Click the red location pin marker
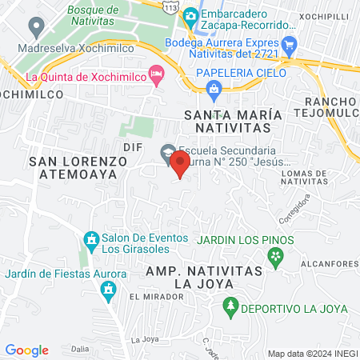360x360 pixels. point(180,166)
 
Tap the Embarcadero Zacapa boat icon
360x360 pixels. point(190,15)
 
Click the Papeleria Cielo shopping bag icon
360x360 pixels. point(214,90)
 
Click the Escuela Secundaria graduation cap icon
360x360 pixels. point(167,150)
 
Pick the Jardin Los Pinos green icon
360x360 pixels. point(276,256)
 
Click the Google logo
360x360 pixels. point(26,350)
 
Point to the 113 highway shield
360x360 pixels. point(170,6)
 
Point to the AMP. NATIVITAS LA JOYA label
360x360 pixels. point(205,278)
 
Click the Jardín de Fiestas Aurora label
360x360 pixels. point(65,274)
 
